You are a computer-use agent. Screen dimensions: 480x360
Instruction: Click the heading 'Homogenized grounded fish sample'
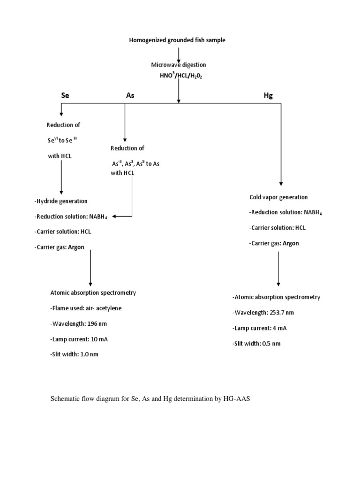pyautogui.click(x=177, y=40)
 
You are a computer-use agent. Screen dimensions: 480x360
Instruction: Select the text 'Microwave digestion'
pyautogui.click(x=178, y=65)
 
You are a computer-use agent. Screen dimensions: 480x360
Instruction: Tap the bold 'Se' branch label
pyautogui.click(x=65, y=95)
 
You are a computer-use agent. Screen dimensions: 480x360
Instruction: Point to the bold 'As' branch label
pyautogui.click(x=130, y=95)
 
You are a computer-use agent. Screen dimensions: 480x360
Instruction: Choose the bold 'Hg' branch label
pyautogui.click(x=268, y=95)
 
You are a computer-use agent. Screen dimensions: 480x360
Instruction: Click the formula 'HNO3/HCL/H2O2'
pyautogui.click(x=178, y=75)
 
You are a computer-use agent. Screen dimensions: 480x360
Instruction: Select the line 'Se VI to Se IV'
pyautogui.click(x=63, y=140)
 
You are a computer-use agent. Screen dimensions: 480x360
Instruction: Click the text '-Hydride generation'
pyautogui.click(x=61, y=201)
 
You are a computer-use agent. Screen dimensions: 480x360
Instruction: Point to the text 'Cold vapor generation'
pyautogui.click(x=278, y=197)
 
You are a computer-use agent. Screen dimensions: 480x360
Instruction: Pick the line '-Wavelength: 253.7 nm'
pyautogui.click(x=263, y=313)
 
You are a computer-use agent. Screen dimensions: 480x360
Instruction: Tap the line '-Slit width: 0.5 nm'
pyautogui.click(x=256, y=344)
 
